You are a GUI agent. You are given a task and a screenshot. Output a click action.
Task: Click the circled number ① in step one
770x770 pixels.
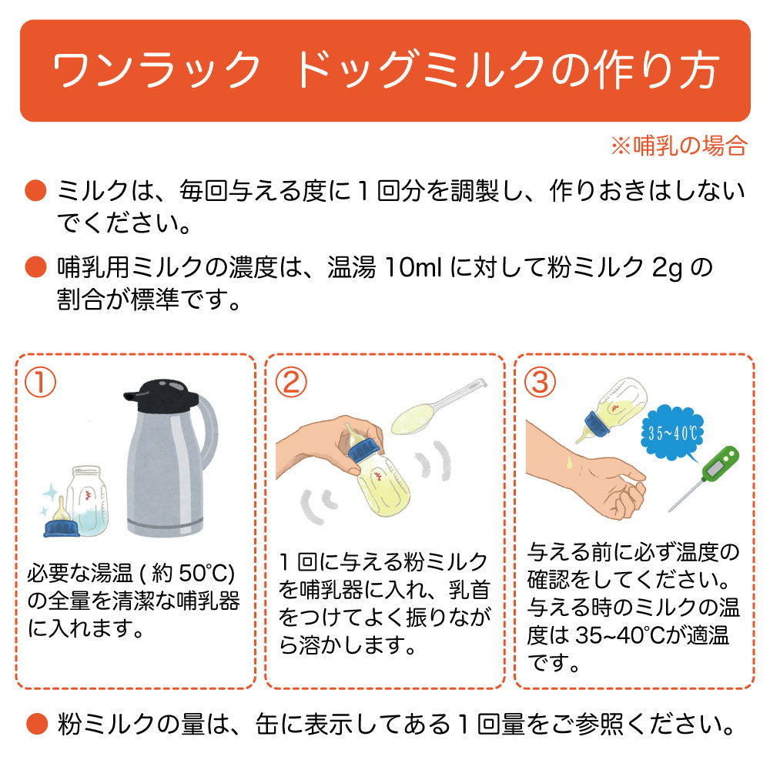tap(40, 383)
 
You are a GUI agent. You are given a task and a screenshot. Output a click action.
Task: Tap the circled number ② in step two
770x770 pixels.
tap(291, 383)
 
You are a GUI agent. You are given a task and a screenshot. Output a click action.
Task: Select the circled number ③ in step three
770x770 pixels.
tap(541, 383)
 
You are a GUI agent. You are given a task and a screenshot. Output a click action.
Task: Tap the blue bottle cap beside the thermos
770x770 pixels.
tap(62, 528)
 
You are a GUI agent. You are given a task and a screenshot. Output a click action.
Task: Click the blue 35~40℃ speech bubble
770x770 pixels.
tap(673, 433)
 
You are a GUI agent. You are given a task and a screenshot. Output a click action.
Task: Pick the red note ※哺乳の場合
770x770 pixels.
tap(679, 146)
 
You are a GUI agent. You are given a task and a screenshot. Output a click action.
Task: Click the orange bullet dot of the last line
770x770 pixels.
tap(36, 725)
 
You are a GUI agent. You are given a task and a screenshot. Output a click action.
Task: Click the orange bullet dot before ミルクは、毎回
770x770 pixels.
tap(35, 190)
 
